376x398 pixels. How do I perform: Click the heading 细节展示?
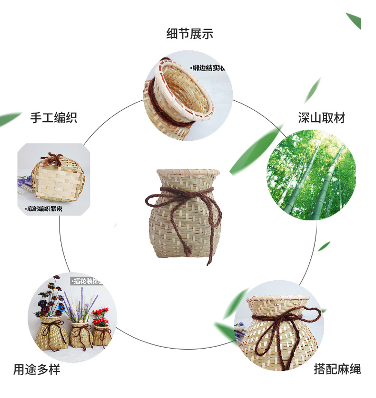[x=189, y=34]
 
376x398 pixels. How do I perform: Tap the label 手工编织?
[x=54, y=118]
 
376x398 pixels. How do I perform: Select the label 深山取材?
[x=322, y=118]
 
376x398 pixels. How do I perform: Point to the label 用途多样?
[x=37, y=369]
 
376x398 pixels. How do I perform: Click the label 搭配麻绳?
[x=337, y=369]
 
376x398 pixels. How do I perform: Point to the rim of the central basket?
[x=188, y=171]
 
